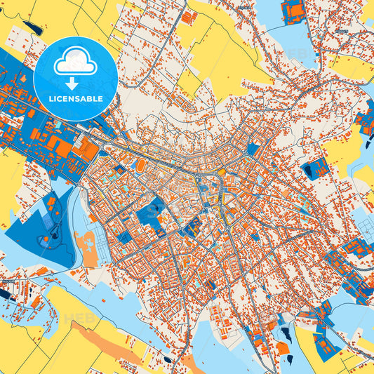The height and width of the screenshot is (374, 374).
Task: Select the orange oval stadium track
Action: (140, 165)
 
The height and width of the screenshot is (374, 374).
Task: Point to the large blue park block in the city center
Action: (150, 214)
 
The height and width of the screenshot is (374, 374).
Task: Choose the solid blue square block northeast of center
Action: (253, 149)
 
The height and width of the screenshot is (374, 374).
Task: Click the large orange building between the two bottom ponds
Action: (281, 348)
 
